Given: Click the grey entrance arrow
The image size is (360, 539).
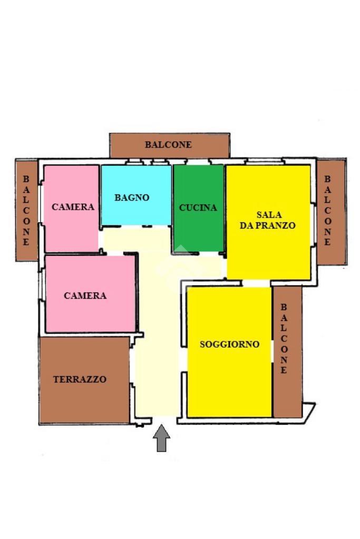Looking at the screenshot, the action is coord(162,438).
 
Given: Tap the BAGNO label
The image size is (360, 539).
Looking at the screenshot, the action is coord(132,198).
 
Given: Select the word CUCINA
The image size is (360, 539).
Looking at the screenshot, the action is coord(198,208).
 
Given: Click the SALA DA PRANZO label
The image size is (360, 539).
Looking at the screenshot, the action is coord(268,220).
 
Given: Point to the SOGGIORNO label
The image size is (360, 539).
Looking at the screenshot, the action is coord(229,345).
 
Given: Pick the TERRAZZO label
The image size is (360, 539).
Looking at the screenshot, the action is coord(80,379).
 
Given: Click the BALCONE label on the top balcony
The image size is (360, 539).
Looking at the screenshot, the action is coord(169,144).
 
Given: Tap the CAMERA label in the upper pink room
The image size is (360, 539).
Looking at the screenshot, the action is coord(73,207).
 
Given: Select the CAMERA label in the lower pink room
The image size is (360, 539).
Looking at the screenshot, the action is coord(85,296).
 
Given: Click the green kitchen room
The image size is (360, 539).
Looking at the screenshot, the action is coord(198,232).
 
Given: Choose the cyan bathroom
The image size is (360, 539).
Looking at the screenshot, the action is coord(136,213).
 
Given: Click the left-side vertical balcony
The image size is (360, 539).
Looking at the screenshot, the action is coord(26,211).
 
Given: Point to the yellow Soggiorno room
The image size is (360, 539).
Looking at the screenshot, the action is coord(229,379).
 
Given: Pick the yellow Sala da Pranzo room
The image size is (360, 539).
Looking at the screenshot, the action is coord(268,253).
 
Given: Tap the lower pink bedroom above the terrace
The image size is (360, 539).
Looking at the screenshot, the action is coord(90,316).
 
